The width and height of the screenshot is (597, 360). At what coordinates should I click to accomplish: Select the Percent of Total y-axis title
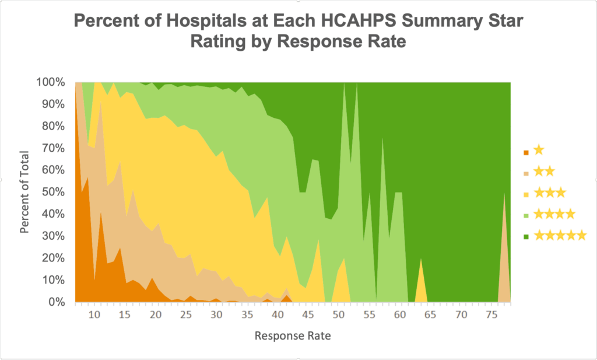coord(24,191)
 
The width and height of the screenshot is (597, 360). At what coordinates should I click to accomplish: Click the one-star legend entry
coord(538,151)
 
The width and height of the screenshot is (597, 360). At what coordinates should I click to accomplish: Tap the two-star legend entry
coord(543,172)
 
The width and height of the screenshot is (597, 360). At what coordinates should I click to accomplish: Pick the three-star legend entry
coord(549,193)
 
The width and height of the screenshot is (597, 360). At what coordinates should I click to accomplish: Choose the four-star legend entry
coord(554,214)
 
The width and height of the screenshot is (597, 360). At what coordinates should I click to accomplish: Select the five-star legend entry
coord(560,235)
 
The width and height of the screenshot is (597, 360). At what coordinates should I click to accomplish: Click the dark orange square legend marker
coord(526,152)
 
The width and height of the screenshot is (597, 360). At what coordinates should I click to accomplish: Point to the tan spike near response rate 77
coord(504,268)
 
